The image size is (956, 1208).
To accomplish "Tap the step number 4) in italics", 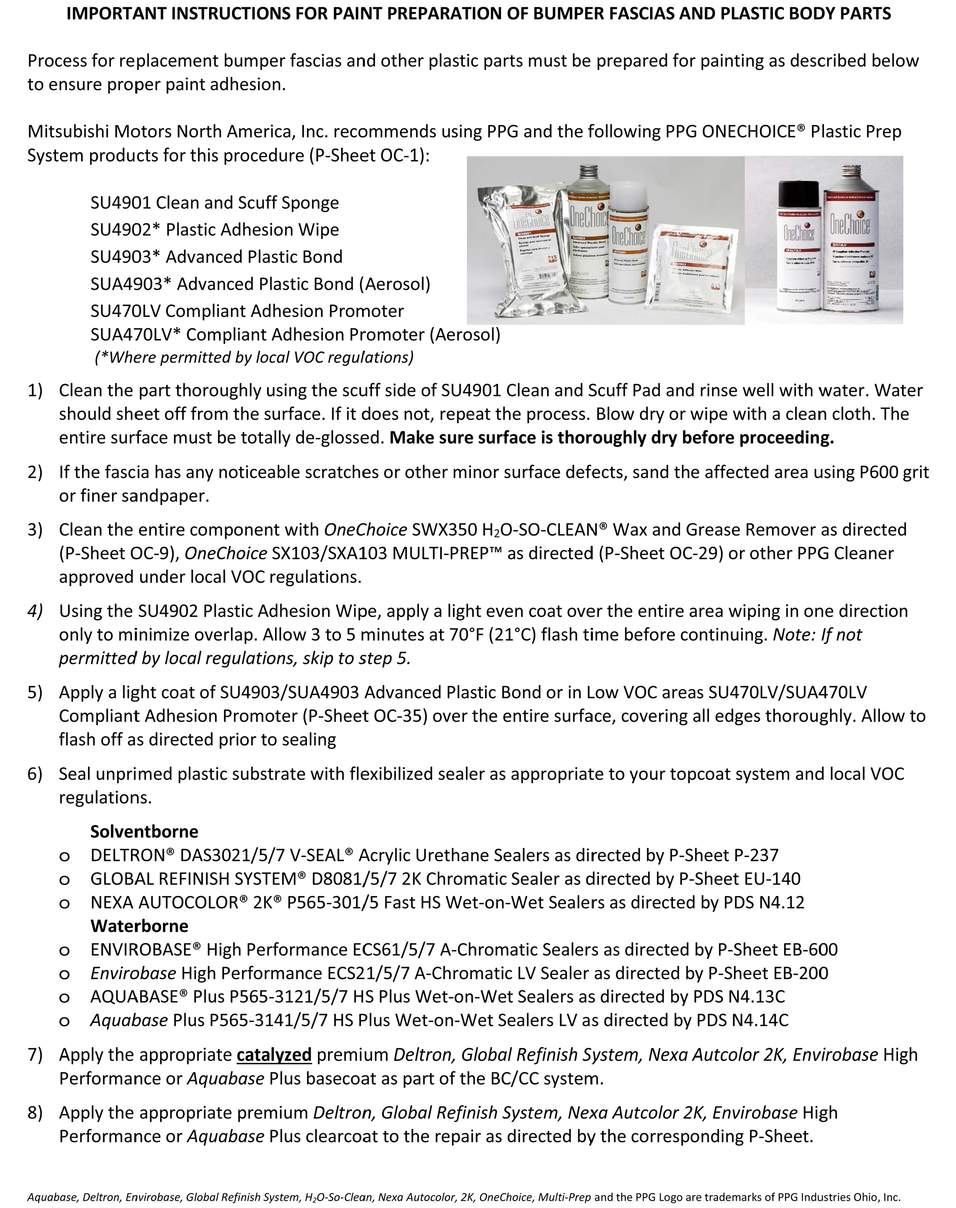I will [35, 611].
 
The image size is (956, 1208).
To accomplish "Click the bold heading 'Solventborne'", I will [144, 832].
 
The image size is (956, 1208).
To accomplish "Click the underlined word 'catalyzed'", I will [274, 1055].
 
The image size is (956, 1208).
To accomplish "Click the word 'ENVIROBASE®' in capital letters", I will [146, 950].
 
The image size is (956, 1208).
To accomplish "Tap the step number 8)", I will [35, 1113].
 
